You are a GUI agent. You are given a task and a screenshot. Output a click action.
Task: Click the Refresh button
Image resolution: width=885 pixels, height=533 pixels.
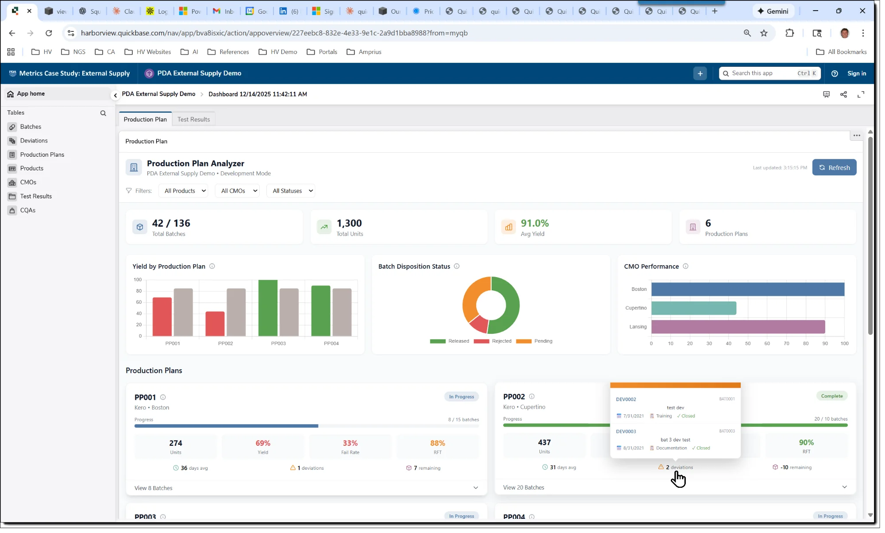[834, 167]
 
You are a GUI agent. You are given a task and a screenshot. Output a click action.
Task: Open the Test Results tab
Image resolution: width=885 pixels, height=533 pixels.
[193, 120]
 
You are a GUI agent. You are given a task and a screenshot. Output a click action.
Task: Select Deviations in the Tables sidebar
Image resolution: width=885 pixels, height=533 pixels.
[34, 141]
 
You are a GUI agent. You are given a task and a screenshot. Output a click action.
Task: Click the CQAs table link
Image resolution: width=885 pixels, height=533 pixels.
[27, 210]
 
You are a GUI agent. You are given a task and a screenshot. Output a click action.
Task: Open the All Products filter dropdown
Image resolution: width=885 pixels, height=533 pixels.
[185, 191]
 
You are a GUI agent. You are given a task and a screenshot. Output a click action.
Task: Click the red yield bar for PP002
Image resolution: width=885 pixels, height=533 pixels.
[215, 324]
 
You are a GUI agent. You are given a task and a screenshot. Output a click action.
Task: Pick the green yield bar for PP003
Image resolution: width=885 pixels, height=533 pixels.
[268, 308]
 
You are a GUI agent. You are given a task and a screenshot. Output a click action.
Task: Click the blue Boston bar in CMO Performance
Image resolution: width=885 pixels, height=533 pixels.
[747, 289]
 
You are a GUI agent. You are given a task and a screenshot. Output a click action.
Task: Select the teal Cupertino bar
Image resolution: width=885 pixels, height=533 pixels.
[693, 308]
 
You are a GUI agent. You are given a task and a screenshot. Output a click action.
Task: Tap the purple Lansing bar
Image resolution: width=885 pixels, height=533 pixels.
[738, 327]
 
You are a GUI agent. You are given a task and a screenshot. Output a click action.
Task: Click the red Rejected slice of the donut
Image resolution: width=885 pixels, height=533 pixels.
[479, 324]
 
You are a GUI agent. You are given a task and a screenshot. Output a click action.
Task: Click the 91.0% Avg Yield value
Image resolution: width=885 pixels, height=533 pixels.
[535, 224]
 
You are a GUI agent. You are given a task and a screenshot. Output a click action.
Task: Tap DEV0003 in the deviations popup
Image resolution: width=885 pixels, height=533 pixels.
[626, 432]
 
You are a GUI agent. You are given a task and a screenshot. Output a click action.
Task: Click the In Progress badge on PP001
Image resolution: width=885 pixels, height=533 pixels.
[461, 397]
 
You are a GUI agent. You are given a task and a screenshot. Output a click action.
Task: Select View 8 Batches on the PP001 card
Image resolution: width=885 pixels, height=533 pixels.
[154, 488]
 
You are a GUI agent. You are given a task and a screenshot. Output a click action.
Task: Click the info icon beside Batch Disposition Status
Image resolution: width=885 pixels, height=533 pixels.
[457, 266]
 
